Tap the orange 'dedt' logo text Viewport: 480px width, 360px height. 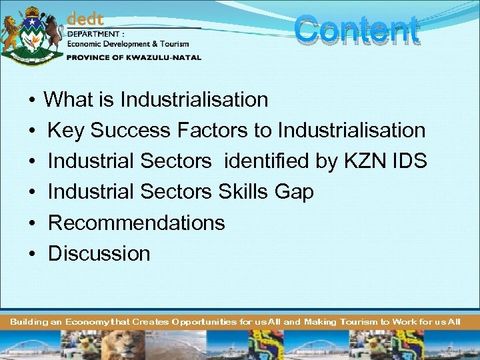click(85, 21)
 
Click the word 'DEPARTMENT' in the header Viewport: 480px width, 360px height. click(93, 34)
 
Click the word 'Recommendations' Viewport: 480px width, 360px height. click(137, 223)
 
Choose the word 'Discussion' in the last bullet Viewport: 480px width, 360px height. click(99, 253)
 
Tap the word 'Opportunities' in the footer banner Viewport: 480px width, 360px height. click(203, 322)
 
